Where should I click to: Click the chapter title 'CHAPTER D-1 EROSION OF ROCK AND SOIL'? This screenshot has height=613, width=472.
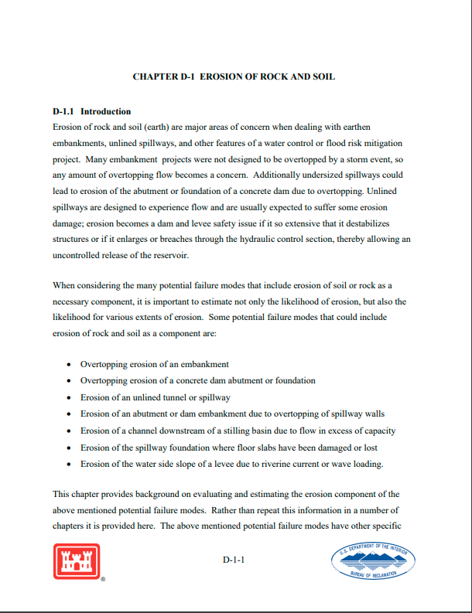pos(234,77)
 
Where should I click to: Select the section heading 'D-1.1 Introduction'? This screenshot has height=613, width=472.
pos(91,111)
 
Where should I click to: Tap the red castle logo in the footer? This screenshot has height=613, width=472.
pos(77,561)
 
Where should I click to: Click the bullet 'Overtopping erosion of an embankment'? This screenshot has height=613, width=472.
pos(154,364)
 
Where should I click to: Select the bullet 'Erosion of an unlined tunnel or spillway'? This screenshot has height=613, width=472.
pos(155,397)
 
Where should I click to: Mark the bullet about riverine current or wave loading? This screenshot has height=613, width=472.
pos(232,464)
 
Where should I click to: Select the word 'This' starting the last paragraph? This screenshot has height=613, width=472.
pos(61,493)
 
